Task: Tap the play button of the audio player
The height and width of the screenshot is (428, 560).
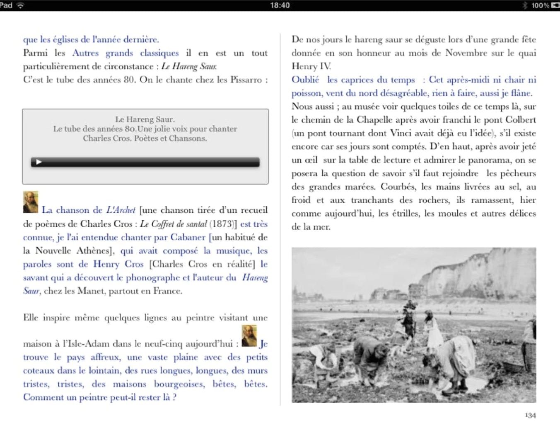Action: pyautogui.click(x=39, y=162)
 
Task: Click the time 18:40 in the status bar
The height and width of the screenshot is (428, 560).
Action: pyautogui.click(x=280, y=5)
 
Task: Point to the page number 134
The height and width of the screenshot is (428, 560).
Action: pyautogui.click(x=530, y=415)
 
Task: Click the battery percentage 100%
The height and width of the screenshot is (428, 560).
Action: pyautogui.click(x=540, y=5)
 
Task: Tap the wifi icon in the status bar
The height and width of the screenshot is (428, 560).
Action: pyautogui.click(x=20, y=5)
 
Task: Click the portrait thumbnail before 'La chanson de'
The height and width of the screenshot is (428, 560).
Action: pyautogui.click(x=31, y=202)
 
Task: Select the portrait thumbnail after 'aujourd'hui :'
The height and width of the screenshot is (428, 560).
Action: pyautogui.click(x=249, y=336)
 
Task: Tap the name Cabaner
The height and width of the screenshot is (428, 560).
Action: pyautogui.click(x=188, y=238)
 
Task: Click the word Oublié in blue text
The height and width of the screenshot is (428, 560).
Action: pyautogui.click(x=305, y=80)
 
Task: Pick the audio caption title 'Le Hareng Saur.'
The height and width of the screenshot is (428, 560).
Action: pyautogui.click(x=145, y=119)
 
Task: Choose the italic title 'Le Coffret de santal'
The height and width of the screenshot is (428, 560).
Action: pyautogui.click(x=173, y=224)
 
